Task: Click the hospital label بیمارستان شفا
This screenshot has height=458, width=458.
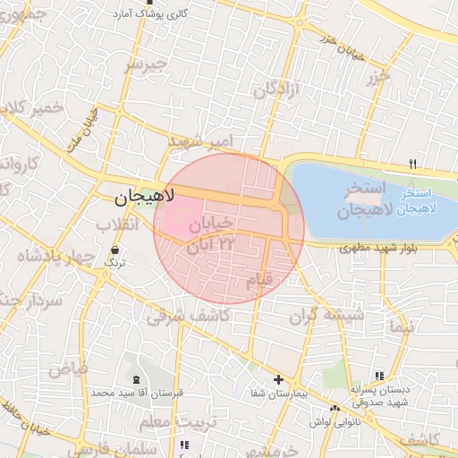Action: coord(277,394)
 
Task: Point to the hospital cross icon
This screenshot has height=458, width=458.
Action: coord(277,380)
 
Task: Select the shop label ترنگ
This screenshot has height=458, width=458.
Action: coord(115,263)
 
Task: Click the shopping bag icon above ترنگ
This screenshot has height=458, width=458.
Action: coord(115,250)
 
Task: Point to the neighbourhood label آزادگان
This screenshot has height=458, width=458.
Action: coord(276,89)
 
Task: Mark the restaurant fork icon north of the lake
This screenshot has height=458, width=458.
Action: coord(412,164)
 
